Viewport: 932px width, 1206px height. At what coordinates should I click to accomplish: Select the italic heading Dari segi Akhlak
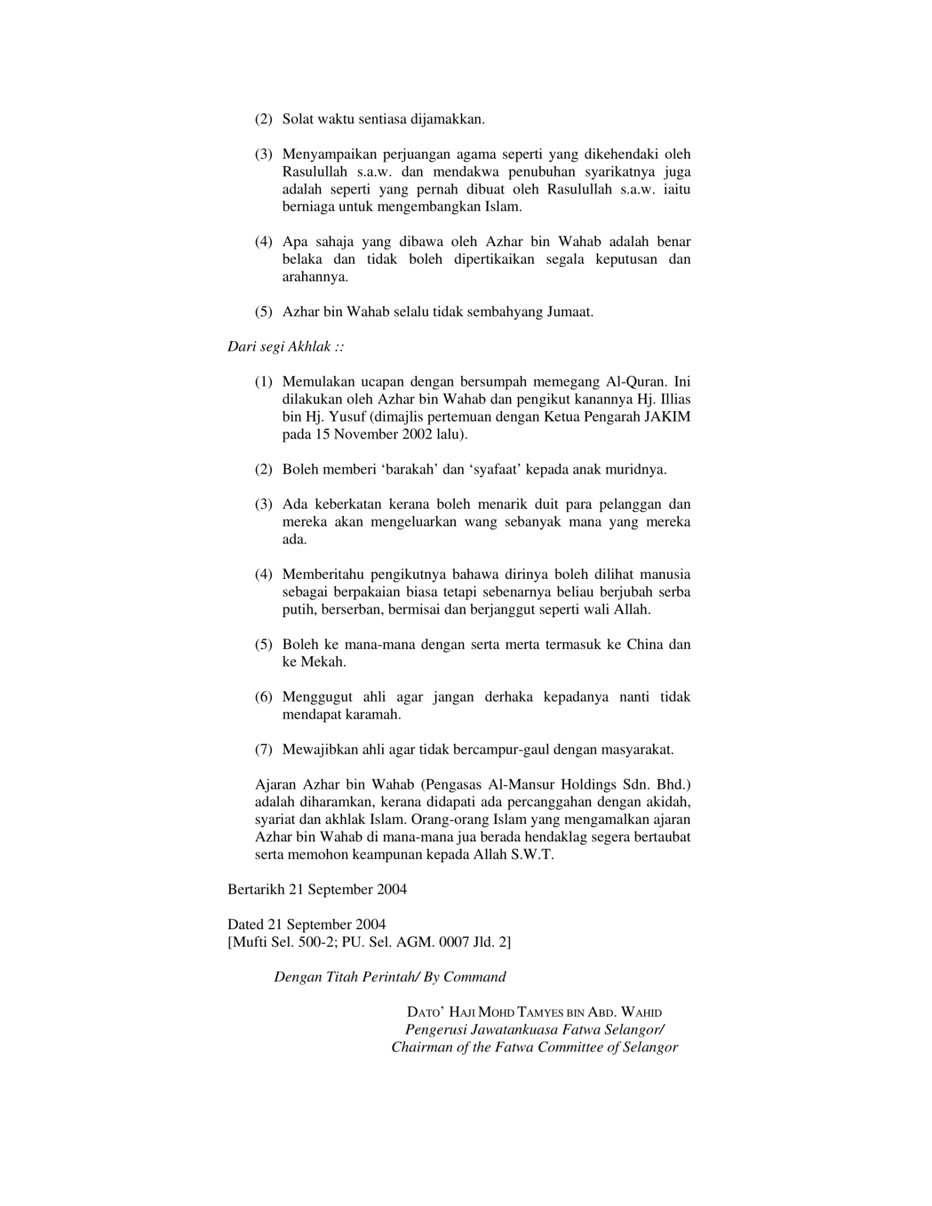click(285, 347)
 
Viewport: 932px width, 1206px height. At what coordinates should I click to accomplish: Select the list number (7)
click(264, 750)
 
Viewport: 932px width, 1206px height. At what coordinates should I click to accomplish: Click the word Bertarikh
click(256, 890)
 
